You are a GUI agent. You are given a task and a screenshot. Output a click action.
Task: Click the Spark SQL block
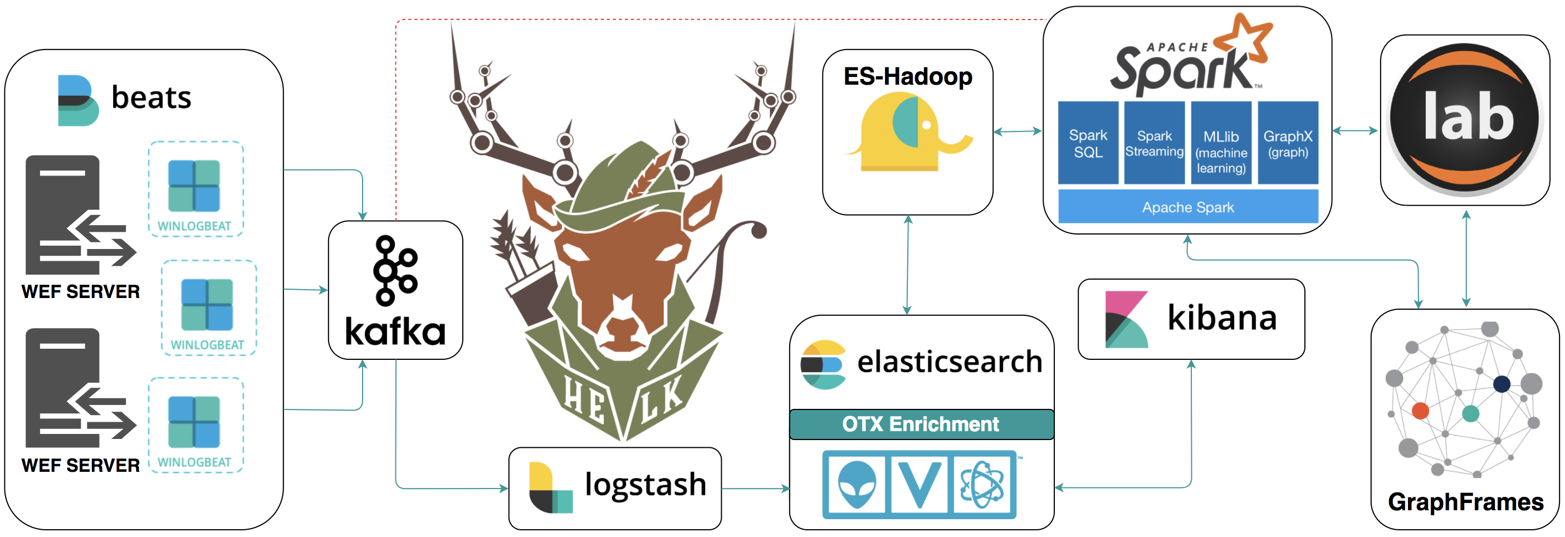click(x=1088, y=143)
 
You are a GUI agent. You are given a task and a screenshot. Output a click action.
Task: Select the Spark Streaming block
click(x=1154, y=143)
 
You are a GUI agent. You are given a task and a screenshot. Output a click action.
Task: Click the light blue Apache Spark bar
click(x=1188, y=207)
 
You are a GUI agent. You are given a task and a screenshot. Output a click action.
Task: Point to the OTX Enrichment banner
click(x=921, y=424)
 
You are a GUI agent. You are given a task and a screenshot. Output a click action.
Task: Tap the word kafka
click(x=395, y=331)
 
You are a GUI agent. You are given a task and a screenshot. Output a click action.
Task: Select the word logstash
click(x=645, y=485)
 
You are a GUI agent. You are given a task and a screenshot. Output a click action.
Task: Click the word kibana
click(x=1222, y=317)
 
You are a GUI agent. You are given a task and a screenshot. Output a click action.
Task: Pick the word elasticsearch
click(x=950, y=362)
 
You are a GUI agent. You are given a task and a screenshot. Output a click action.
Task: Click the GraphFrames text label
click(x=1465, y=502)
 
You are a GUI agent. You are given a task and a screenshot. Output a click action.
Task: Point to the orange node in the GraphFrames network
click(x=1420, y=411)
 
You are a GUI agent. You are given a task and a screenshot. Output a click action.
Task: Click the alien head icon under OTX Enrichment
click(x=857, y=484)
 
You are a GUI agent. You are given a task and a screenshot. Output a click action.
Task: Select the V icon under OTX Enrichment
click(x=918, y=484)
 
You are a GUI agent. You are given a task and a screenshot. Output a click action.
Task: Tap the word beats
click(x=151, y=97)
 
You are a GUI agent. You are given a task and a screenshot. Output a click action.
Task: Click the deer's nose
click(x=622, y=328)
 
